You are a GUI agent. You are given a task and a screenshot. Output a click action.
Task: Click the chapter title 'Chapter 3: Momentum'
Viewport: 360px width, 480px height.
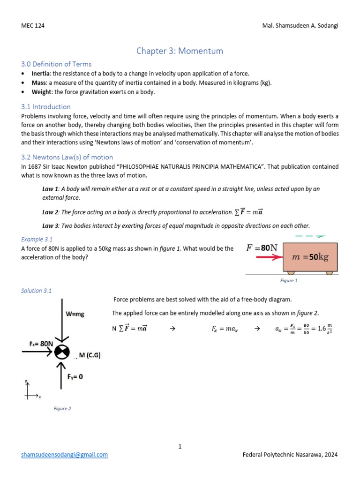pos(180,51)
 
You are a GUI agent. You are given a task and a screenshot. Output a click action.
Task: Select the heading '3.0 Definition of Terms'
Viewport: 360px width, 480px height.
pos(56,64)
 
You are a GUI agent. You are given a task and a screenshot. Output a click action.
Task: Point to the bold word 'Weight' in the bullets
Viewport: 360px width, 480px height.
pos(41,92)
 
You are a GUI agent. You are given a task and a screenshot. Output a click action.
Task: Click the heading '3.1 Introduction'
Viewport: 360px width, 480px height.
pos(46,107)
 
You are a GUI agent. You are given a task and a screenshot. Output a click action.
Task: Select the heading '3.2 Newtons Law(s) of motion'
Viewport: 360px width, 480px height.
pos(67,157)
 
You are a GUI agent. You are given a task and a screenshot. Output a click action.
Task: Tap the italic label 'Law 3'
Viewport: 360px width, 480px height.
pos(50,225)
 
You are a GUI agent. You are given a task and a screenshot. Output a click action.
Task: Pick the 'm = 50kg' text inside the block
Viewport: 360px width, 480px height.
pos(310,257)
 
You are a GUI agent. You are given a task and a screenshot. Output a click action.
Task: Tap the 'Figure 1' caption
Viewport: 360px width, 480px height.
pos(289,281)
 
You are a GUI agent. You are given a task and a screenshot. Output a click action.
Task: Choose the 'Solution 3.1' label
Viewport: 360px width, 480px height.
pos(37,291)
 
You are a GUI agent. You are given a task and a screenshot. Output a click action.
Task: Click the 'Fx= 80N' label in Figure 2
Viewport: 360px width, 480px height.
pos(38,344)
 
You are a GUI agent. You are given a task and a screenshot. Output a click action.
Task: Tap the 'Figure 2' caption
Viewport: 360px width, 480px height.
pos(62,409)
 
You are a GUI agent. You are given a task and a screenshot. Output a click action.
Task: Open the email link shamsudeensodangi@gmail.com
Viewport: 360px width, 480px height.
pos(65,455)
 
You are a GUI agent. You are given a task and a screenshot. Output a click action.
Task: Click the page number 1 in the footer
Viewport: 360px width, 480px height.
pos(180,446)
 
